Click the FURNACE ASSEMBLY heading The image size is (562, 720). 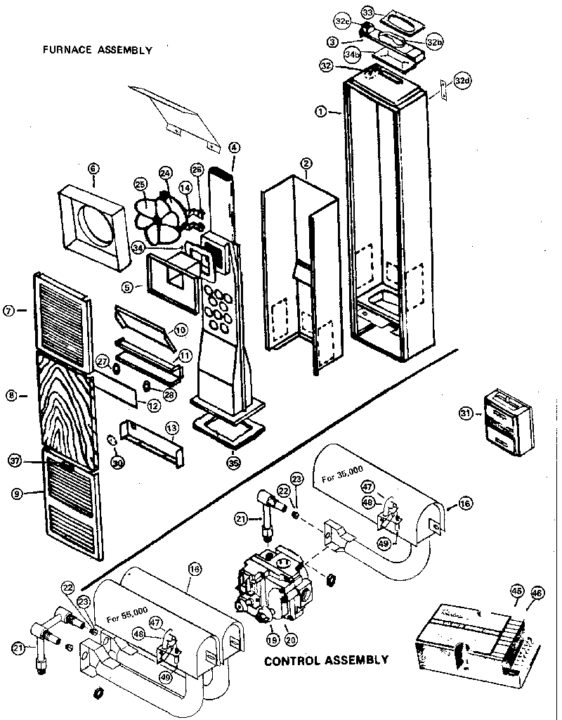tap(96, 50)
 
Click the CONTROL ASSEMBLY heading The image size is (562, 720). tap(325, 660)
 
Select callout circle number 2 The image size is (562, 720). tap(306, 163)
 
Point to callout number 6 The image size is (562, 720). tap(94, 169)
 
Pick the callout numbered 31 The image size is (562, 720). tap(464, 413)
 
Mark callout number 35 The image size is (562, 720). tap(233, 463)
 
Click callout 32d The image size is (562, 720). tap(461, 81)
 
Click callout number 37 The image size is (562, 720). tap(15, 461)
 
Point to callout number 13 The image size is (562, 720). tap(171, 427)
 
